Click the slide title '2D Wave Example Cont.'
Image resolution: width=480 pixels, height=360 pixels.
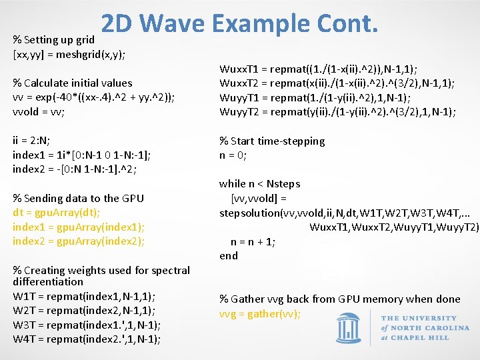click(240, 24)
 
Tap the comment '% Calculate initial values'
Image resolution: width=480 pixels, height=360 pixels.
click(73, 83)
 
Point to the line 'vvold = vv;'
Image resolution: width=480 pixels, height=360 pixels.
click(38, 112)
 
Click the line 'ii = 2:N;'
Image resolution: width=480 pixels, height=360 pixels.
click(31, 141)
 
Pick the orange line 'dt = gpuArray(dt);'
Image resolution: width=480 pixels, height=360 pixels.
click(56, 213)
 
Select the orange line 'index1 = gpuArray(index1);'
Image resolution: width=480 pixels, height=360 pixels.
click(78, 227)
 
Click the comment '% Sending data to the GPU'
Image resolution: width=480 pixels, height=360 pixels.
click(78, 198)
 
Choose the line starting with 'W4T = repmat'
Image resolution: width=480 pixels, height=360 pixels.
click(87, 339)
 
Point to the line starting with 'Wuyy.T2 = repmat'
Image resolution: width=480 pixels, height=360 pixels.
click(337, 112)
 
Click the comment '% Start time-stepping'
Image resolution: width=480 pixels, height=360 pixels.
click(272, 141)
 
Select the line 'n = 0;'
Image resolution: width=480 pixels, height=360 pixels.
click(233, 155)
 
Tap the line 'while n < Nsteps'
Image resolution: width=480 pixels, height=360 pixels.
click(260, 183)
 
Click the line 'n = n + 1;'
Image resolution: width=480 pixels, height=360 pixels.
click(253, 241)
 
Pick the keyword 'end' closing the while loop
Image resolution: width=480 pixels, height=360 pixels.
click(229, 255)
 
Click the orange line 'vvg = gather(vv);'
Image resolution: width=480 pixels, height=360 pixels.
click(260, 313)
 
